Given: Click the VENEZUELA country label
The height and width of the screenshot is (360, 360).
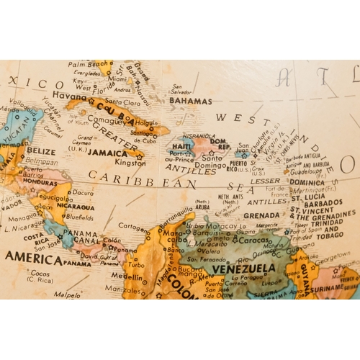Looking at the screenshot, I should click(x=232, y=269).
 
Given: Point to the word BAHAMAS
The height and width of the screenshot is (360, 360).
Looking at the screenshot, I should click(x=190, y=102).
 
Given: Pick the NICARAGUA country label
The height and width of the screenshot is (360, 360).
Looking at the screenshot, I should click(x=70, y=205).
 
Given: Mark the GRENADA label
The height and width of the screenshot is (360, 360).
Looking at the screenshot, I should click(x=261, y=215).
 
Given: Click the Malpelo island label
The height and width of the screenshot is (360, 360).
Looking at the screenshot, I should click(x=67, y=294).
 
